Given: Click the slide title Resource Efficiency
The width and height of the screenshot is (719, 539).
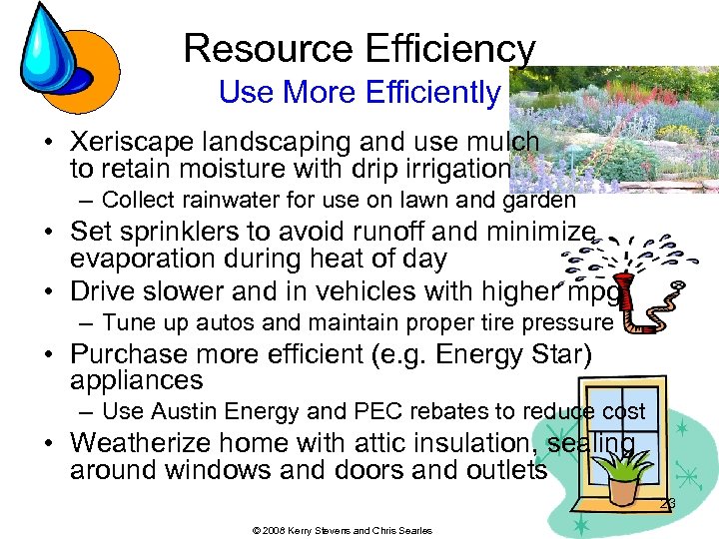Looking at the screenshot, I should pos(359,48).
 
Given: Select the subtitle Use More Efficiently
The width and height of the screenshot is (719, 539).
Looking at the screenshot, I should pos(359,93).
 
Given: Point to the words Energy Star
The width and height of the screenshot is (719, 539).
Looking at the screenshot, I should pos(506,354).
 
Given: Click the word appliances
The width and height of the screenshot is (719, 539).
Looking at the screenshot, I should pos(136,380).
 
